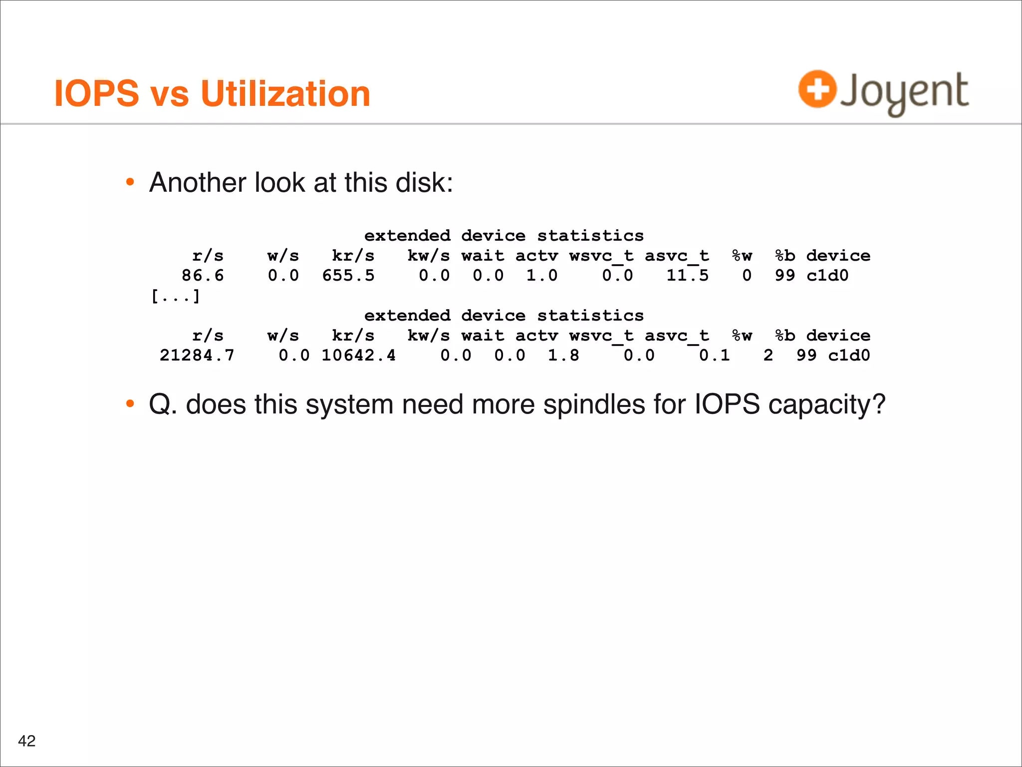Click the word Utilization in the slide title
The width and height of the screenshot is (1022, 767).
[285, 94]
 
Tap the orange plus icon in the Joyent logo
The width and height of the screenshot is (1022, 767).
[817, 89]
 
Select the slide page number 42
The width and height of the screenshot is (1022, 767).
[27, 741]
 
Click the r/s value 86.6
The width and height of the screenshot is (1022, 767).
[203, 276]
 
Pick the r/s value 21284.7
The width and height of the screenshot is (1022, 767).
[197, 356]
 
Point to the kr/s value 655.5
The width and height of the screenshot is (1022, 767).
[348, 276]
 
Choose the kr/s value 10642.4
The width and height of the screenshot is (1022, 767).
[358, 356]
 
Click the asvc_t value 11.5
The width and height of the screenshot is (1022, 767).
[687, 276]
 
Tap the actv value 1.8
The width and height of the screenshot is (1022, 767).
[563, 356]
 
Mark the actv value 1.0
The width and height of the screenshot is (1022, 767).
[542, 276]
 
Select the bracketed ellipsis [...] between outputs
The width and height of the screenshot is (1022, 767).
[176, 297]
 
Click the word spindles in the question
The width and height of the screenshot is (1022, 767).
[594, 404]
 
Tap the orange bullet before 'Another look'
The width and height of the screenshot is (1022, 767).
[130, 182]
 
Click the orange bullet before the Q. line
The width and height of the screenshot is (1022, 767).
[130, 403]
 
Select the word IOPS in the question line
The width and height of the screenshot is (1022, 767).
[727, 404]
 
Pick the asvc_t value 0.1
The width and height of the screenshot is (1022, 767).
[714, 356]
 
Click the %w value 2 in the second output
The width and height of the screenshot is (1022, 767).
[768, 356]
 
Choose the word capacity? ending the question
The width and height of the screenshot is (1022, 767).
[827, 405]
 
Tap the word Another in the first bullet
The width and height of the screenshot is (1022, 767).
[198, 182]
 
